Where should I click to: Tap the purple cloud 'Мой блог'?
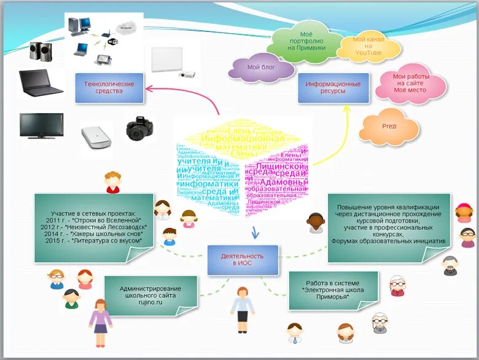click(262, 68)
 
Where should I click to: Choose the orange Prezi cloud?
click(389, 127)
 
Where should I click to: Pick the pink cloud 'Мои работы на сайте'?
click(410, 84)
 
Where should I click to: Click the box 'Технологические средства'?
click(109, 87)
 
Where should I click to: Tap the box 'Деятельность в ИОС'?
click(243, 259)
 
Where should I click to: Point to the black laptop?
click(41, 83)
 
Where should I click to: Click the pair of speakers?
click(41, 50)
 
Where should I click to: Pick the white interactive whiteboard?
click(168, 60)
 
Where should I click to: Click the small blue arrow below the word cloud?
click(255, 232)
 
